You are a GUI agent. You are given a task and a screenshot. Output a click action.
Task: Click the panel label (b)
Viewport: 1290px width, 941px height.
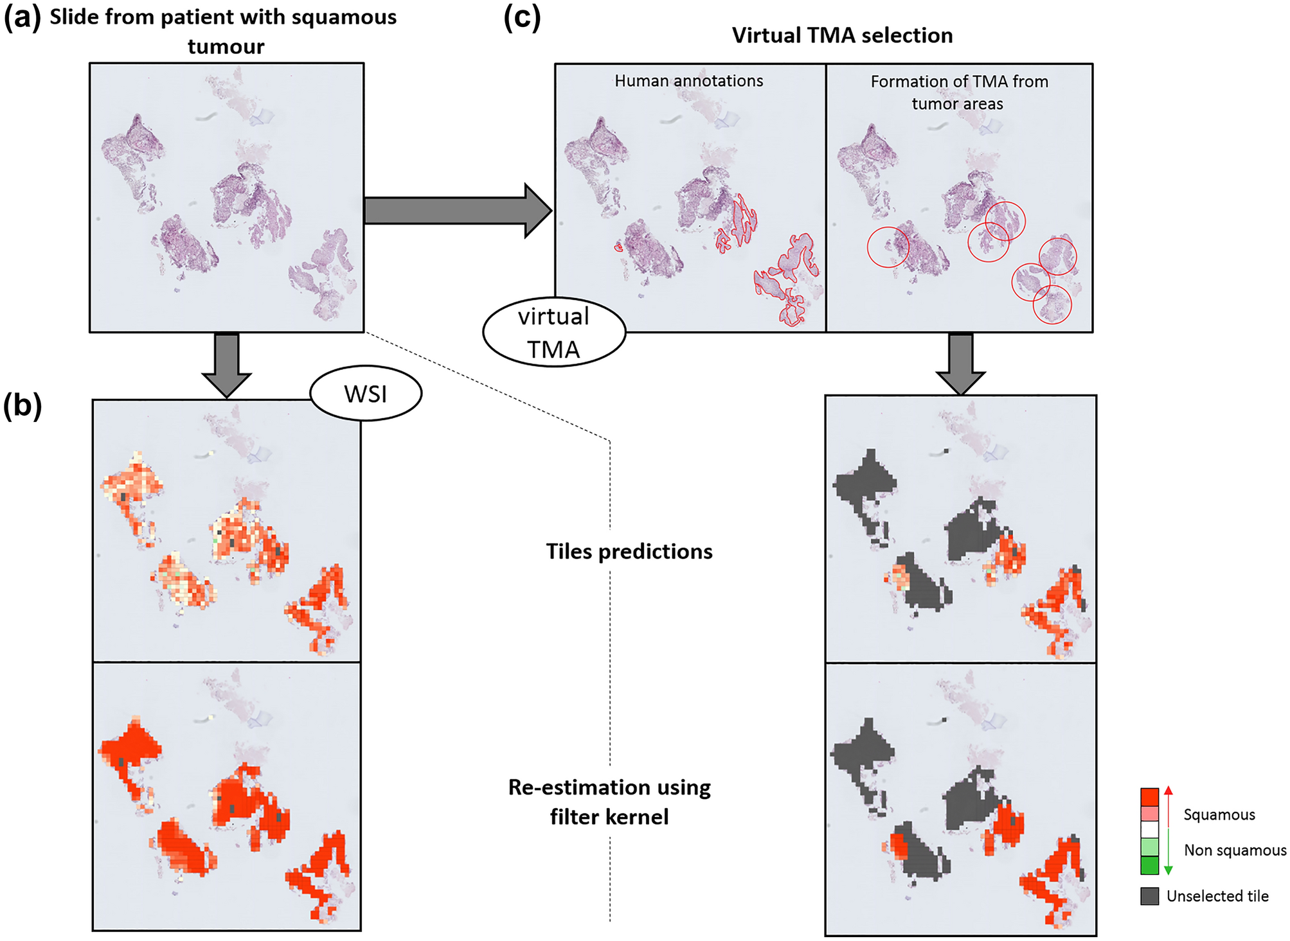tap(23, 406)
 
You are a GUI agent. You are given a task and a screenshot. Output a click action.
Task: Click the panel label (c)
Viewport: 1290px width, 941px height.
tap(522, 17)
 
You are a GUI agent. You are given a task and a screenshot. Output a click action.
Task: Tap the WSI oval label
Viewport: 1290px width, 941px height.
tap(366, 394)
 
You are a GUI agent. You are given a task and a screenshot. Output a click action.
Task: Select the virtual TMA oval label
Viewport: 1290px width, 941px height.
tap(553, 333)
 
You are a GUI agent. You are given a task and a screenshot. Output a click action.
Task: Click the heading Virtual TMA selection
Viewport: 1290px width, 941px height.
tap(842, 35)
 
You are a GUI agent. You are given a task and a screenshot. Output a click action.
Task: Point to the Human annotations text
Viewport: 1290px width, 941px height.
tap(688, 81)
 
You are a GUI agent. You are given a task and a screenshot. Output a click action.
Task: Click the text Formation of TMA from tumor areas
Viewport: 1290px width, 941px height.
tap(958, 92)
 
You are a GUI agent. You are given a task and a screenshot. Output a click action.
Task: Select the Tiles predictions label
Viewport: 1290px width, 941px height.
tap(629, 552)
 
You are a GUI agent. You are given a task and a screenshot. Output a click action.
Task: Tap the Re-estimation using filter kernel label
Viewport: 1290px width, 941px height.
tap(609, 802)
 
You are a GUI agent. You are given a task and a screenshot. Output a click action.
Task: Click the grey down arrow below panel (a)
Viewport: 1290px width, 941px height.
tap(226, 364)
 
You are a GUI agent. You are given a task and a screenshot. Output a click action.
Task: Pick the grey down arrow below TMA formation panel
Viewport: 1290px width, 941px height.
tap(960, 363)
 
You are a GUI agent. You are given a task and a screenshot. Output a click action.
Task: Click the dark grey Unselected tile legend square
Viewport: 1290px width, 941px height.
tap(1149, 896)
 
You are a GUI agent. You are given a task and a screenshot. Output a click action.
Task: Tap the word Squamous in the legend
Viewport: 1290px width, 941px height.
tap(1219, 814)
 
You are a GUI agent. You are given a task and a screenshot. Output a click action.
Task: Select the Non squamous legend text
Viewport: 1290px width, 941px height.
tap(1235, 850)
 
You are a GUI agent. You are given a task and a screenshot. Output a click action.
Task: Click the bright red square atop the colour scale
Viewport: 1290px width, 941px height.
tap(1149, 796)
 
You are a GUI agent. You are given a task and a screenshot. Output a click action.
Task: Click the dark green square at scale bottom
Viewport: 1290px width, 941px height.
tap(1149, 865)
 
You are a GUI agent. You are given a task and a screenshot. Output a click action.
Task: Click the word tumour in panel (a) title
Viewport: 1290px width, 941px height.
tap(226, 47)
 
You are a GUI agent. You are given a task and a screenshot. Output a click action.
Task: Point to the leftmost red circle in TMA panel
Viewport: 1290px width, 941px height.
tap(888, 247)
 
